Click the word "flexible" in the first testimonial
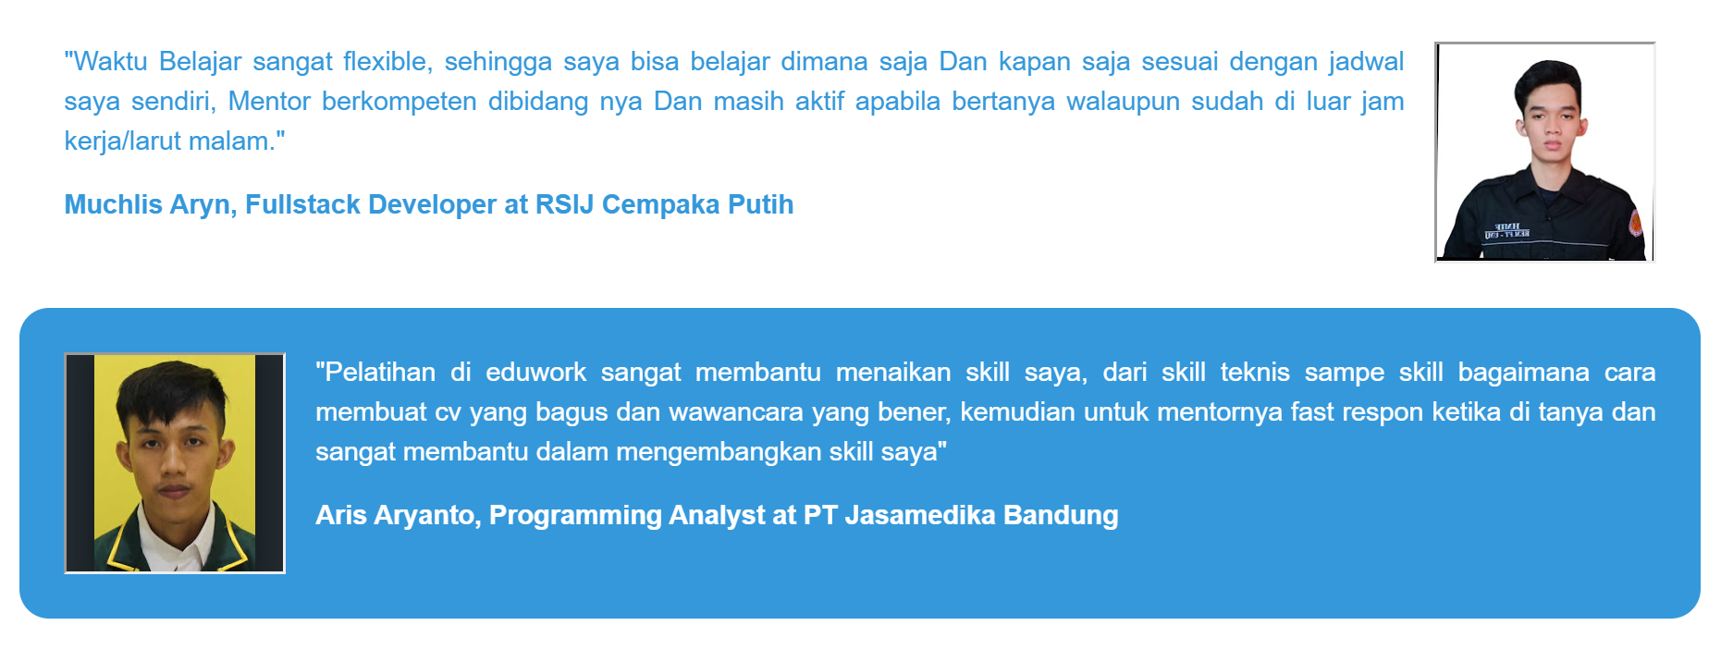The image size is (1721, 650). pos(386,62)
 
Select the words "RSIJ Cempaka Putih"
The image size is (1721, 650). pos(664,204)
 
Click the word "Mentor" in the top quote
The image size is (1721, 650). pos(269,102)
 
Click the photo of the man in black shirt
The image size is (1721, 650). pos(1544,153)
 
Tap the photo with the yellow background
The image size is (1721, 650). pos(175,463)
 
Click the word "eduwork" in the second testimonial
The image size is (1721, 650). pos(535,373)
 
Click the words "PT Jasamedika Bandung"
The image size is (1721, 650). pos(961,515)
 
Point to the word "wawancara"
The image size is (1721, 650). pos(736,412)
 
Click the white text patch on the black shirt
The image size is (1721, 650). pos(1506,231)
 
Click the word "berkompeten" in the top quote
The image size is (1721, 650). pos(399,102)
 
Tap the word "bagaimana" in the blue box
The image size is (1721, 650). pos(1523,373)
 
